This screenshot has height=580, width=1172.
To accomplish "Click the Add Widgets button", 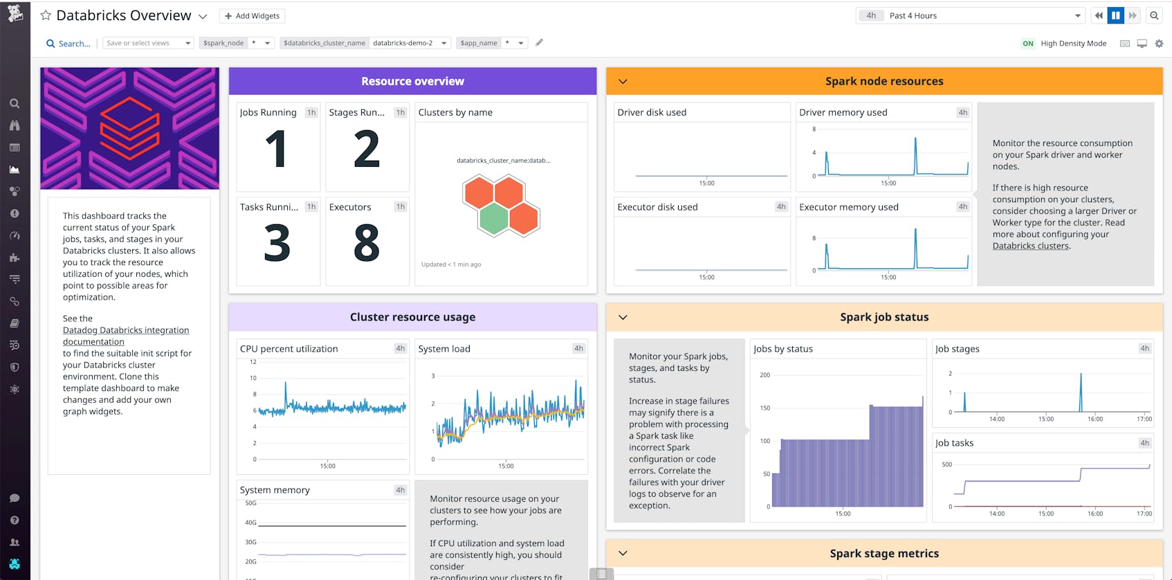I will point(252,16).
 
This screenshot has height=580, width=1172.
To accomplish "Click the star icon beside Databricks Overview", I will point(46,15).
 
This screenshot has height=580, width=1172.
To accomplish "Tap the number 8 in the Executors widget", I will point(367,243).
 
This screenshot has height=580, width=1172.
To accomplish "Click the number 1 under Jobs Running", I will point(276,149).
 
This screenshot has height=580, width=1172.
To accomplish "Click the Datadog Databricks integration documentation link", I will point(125,336).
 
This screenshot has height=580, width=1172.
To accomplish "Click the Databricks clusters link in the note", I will point(1030,246).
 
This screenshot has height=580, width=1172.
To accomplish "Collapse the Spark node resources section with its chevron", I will point(623,82).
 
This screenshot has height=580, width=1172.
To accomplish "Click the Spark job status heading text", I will point(883,317).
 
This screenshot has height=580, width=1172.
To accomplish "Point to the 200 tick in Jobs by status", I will point(764,375).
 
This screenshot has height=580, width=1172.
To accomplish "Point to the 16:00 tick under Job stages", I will point(1095,419).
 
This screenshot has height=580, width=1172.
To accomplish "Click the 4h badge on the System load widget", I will point(578,349).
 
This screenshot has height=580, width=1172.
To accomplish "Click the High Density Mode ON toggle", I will point(1027,44).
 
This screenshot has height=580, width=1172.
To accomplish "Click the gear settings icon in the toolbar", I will point(1159,44).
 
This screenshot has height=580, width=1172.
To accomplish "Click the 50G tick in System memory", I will point(250,503).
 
